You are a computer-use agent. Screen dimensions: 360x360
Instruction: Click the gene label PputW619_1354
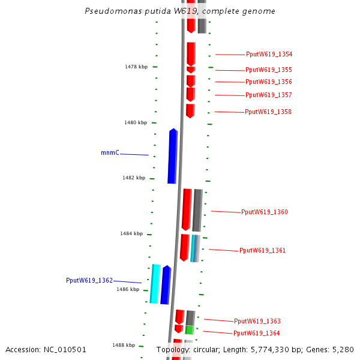pos(269,55)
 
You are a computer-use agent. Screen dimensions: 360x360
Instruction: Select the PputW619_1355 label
pos(269,70)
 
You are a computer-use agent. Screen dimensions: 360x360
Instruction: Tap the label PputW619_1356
pos(269,82)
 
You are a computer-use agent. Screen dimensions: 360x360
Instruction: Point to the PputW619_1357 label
pos(269,95)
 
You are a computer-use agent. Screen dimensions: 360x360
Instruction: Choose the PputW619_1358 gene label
pos(268,112)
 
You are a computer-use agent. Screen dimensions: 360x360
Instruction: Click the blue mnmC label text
pos(110,153)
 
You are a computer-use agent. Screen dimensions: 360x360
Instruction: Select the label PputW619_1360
pos(265,212)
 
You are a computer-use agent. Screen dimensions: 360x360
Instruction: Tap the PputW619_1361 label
pos(263,251)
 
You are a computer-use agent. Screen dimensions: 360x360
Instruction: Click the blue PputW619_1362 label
pos(89,281)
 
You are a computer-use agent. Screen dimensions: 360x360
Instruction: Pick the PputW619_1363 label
pos(257,322)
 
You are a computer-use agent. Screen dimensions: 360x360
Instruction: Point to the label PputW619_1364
pos(257,334)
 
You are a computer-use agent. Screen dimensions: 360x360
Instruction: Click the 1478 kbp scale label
pos(136,67)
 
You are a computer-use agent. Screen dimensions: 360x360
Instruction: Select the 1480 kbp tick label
pos(136,122)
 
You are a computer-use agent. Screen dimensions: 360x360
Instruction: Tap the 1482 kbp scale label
pos(134,178)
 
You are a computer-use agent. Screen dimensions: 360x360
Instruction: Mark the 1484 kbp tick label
pos(131,233)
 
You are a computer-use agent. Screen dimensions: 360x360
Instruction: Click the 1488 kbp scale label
pos(124,345)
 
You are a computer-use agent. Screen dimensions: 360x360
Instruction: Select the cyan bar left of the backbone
pos(155,284)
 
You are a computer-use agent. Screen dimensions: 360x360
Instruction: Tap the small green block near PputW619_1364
pos(190,330)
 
